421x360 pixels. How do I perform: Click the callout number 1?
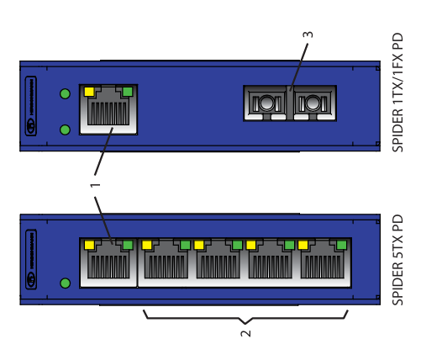click(x=95, y=185)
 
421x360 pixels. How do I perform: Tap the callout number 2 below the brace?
click(x=245, y=333)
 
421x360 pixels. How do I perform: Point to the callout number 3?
click(x=308, y=34)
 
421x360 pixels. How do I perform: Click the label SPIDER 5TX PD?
click(x=397, y=260)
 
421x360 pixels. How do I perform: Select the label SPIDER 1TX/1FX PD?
click(x=397, y=93)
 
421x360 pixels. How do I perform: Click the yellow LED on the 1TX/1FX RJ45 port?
click(x=89, y=92)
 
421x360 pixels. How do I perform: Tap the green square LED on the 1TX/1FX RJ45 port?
click(x=128, y=92)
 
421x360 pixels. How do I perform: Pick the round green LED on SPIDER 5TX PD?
click(x=66, y=283)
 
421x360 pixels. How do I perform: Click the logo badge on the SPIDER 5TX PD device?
click(x=31, y=259)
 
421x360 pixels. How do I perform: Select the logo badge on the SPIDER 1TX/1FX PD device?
click(x=31, y=106)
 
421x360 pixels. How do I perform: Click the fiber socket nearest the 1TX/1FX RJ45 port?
click(x=266, y=103)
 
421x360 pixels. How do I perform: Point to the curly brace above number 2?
click(x=245, y=319)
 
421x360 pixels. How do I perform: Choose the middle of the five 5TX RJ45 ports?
click(x=218, y=262)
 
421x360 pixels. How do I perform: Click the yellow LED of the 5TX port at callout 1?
click(x=89, y=245)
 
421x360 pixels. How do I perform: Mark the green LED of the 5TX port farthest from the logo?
click(x=342, y=245)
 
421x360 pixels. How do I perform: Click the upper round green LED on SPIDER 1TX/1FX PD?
click(x=65, y=93)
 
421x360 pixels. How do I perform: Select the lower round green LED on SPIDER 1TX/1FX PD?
click(x=65, y=130)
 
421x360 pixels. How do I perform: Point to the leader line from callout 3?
click(x=299, y=67)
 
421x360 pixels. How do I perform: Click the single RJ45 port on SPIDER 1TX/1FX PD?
click(x=108, y=109)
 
